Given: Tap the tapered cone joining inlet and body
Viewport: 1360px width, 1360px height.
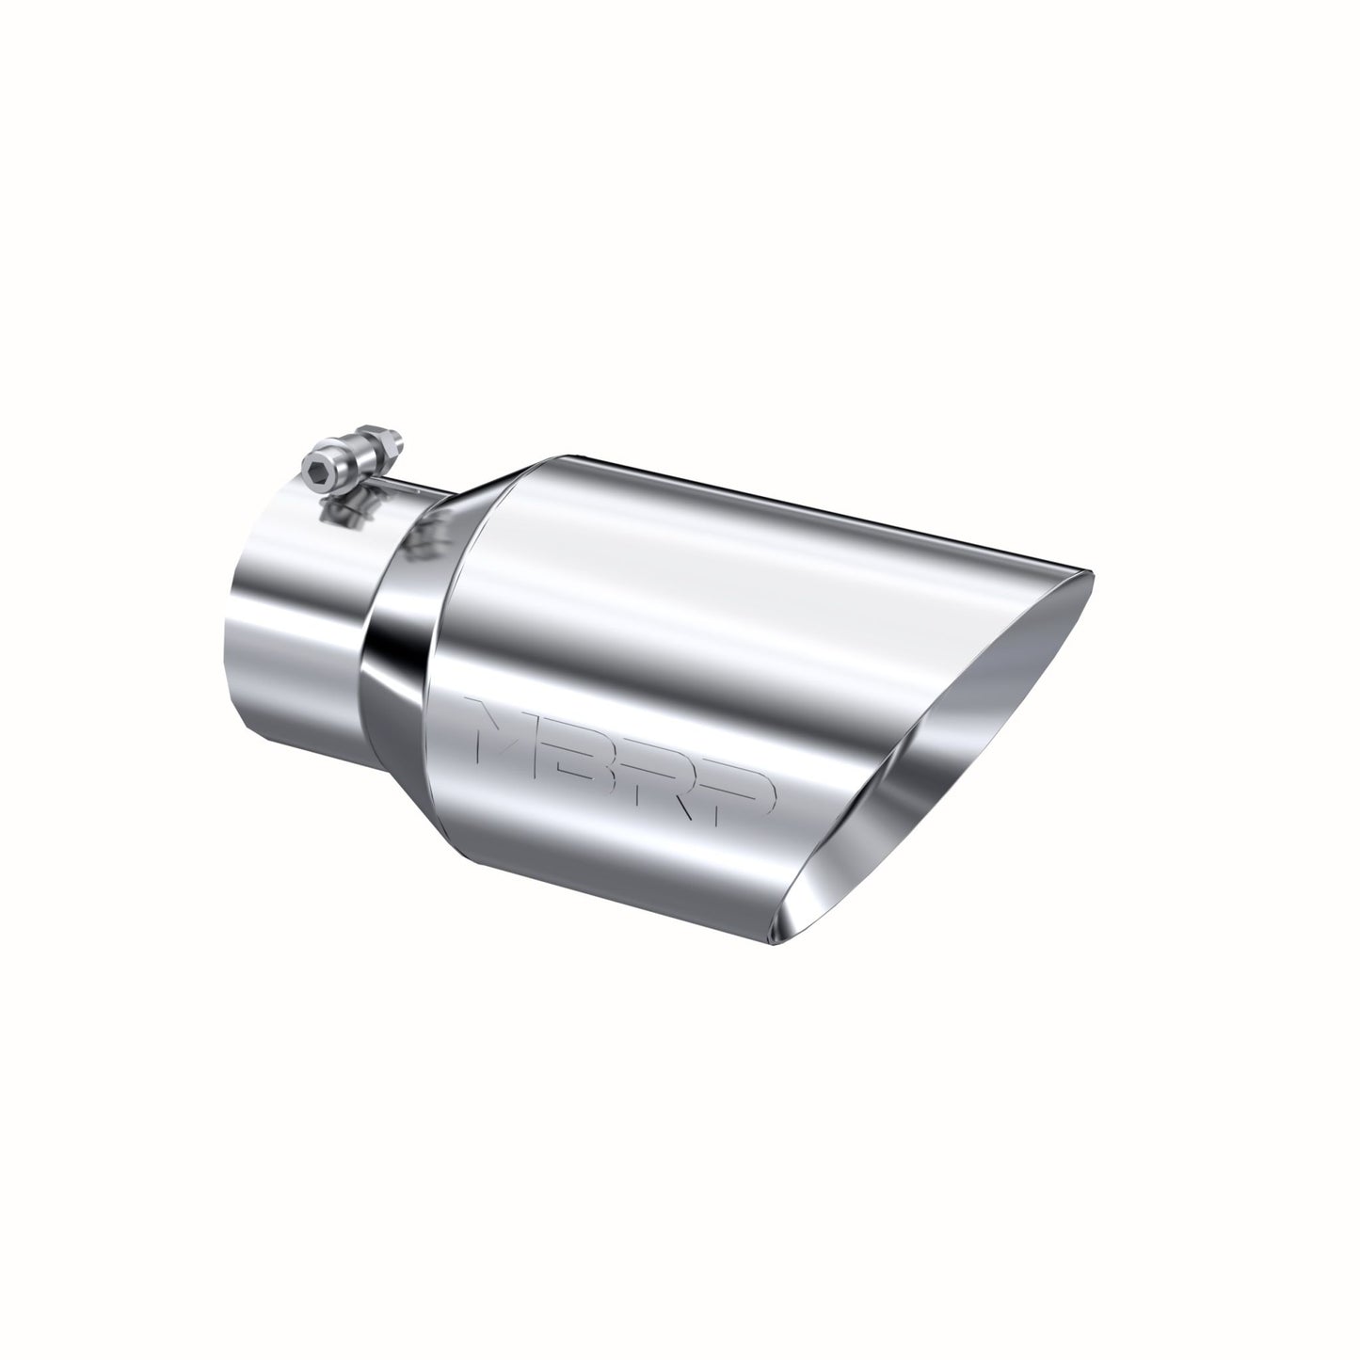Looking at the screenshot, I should pos(405,612).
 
